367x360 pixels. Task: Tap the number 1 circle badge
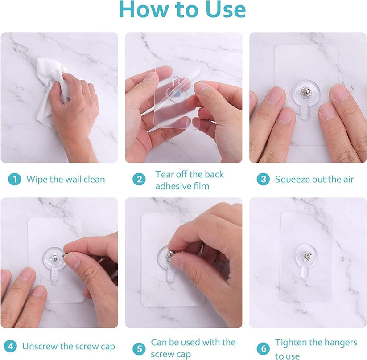[x=15, y=180]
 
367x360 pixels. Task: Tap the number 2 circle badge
[x=139, y=180]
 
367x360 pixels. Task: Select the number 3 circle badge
[x=263, y=180]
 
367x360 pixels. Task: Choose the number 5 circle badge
[x=139, y=348]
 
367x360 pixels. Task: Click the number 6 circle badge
[x=263, y=348]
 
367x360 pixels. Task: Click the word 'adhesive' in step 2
[x=173, y=186]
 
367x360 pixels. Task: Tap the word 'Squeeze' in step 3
[x=292, y=180]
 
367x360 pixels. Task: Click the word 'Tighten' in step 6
[x=292, y=342]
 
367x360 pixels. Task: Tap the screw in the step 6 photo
[x=306, y=256]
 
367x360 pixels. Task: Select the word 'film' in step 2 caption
[x=201, y=186]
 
